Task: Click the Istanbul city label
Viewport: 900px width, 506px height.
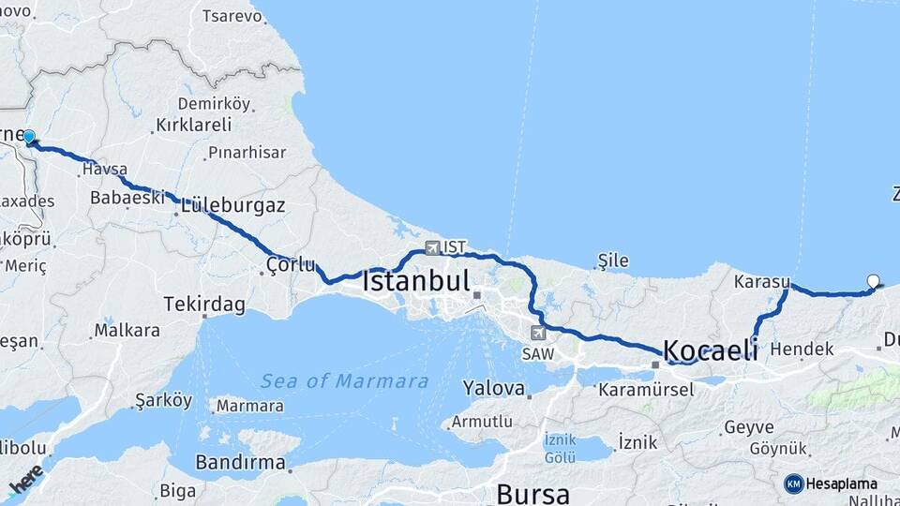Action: pyautogui.click(x=415, y=281)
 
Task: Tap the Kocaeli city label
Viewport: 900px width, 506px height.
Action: pyautogui.click(x=711, y=351)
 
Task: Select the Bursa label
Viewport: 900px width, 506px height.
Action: pyautogui.click(x=532, y=493)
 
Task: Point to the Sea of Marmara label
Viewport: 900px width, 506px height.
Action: pyautogui.click(x=344, y=381)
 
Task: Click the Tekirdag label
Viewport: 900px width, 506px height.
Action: pyautogui.click(x=203, y=305)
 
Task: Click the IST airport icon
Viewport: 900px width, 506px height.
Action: pyautogui.click(x=432, y=247)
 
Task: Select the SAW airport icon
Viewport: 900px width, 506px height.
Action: pyautogui.click(x=537, y=333)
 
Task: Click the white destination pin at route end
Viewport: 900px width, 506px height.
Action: pyautogui.click(x=874, y=280)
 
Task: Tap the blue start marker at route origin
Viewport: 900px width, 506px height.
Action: pyautogui.click(x=29, y=137)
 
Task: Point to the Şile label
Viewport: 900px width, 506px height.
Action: pyautogui.click(x=614, y=260)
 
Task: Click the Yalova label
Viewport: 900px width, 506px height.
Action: pyautogui.click(x=493, y=388)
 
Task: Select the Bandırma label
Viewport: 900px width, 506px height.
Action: pyautogui.click(x=240, y=462)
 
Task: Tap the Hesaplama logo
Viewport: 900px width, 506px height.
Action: pyautogui.click(x=831, y=484)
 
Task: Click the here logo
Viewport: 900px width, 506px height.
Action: pyautogui.click(x=25, y=479)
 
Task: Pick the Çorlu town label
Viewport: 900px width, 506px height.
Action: pyautogui.click(x=290, y=264)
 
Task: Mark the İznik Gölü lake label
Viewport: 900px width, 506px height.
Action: pyautogui.click(x=561, y=448)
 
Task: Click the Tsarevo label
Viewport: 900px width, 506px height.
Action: pyautogui.click(x=232, y=16)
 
